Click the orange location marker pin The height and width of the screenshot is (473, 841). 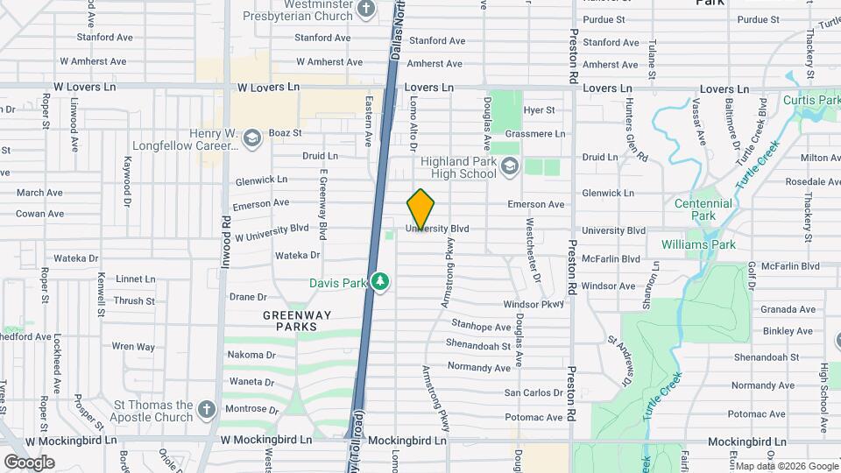point(421,209)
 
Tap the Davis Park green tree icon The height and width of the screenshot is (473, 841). point(380,282)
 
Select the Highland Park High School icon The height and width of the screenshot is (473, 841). point(510,166)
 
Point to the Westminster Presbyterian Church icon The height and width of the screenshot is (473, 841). point(366,10)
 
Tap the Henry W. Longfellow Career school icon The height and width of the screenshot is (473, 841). point(252,138)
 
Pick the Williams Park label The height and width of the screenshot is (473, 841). point(698,244)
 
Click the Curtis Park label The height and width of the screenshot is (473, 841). point(811,101)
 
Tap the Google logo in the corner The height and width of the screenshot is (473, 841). point(29,462)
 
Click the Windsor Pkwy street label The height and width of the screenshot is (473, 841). point(534,304)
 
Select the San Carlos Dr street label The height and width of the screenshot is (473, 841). point(533,392)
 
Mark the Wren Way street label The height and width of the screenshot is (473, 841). point(133,347)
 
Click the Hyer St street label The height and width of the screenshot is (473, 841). point(539,110)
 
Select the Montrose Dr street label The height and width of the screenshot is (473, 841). point(251,409)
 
